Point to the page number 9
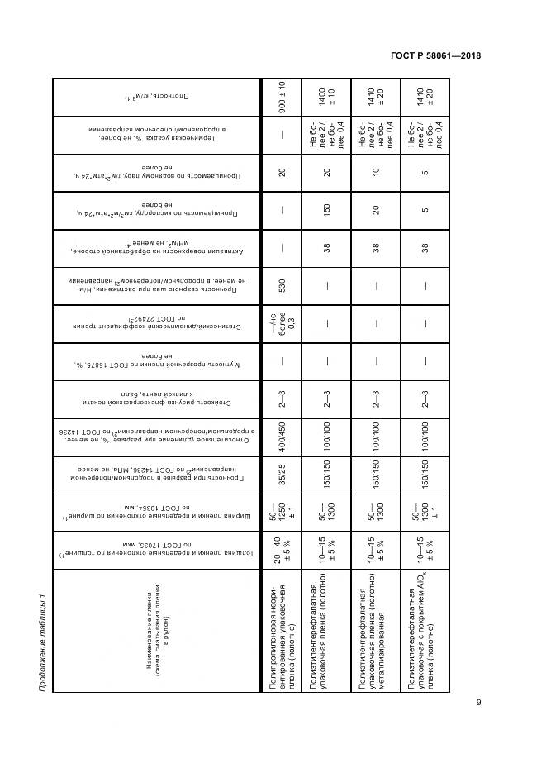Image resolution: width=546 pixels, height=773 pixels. coord(479,704)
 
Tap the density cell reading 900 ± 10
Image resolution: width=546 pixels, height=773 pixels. coord(282,97)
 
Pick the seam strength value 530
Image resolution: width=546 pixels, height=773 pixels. coord(282,287)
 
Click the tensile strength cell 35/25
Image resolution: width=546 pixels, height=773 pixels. coord(282,480)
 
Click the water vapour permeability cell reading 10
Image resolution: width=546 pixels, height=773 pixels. coord(376,173)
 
